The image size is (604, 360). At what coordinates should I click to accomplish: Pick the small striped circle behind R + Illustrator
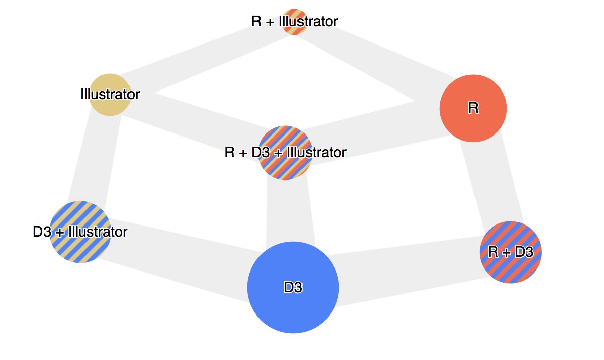coord(294,14)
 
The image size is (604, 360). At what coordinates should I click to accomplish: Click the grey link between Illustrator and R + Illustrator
coord(197,55)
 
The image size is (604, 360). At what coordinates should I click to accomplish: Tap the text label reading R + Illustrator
coord(294,22)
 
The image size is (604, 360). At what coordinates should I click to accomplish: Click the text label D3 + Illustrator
coord(80,232)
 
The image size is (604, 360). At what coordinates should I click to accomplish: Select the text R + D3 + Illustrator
coord(285,152)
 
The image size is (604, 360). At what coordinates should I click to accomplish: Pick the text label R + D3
coord(510,252)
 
